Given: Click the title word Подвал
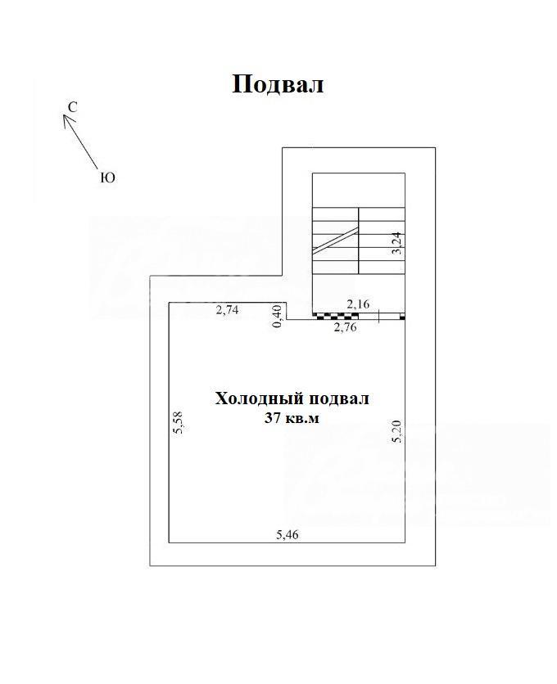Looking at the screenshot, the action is click(x=278, y=84).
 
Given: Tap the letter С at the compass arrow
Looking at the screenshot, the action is click(x=73, y=107).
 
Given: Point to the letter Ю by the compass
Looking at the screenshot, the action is click(x=108, y=178).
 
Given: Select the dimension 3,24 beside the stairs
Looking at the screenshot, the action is click(x=397, y=245).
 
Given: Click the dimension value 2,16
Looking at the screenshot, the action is click(x=358, y=304).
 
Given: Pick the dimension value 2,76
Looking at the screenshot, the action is click(x=346, y=326).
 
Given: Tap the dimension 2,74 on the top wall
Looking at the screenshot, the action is click(x=228, y=310).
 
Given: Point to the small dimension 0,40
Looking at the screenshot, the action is click(x=278, y=317).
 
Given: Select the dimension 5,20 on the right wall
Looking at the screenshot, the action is click(x=396, y=432).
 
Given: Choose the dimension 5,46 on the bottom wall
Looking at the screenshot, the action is click(x=288, y=534).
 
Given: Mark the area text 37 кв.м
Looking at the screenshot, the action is click(x=292, y=418).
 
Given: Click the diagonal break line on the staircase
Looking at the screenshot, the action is click(x=336, y=240).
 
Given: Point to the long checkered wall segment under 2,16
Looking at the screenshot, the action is click(x=336, y=316).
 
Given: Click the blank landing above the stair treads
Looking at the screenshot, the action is click(x=358, y=190).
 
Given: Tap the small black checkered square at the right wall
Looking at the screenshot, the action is click(x=403, y=317).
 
